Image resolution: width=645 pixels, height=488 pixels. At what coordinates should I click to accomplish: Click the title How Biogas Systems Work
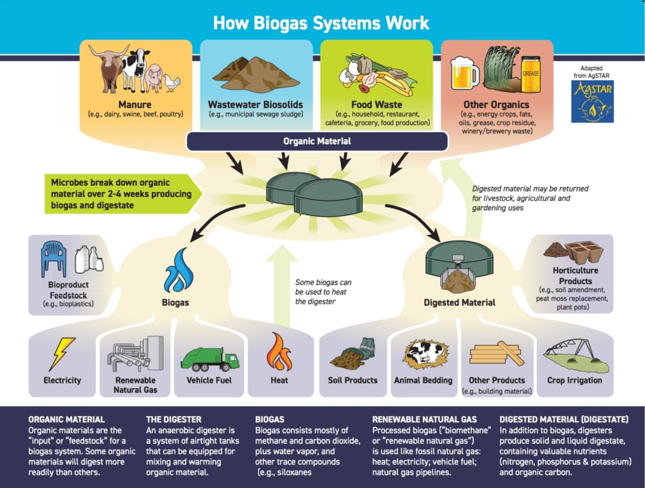coord(321,23)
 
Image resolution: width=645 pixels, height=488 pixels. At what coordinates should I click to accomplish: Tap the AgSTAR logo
coord(592,101)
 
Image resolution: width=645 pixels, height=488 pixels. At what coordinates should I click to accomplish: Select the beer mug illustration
coord(465,74)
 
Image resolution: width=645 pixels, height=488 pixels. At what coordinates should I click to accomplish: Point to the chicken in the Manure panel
coord(171,81)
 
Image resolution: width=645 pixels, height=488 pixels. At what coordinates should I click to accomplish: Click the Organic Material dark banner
coord(317,141)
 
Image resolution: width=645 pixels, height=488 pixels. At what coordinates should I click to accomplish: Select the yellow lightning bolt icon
coord(62,353)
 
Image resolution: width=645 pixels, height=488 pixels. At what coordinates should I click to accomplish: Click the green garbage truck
coord(209,359)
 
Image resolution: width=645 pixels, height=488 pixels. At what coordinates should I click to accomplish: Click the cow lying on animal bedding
coord(423,355)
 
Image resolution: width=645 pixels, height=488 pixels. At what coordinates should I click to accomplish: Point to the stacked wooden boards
coord(496,354)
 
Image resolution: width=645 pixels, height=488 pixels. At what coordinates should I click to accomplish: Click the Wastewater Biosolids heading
coord(255,105)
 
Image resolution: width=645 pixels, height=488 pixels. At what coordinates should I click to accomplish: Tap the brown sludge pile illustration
coord(255,75)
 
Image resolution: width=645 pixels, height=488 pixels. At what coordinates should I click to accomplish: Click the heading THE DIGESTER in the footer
coord(174,419)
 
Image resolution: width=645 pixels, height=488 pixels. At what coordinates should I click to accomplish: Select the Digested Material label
coord(459,302)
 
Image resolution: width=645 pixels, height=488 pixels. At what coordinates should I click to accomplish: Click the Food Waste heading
coord(377,105)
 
